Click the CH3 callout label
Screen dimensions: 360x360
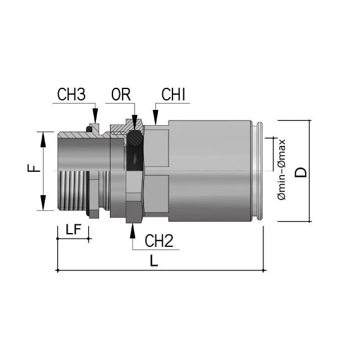point(71,94)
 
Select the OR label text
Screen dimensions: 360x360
point(121,94)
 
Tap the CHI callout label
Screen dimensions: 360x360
point(173,94)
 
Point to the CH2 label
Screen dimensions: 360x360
point(159,241)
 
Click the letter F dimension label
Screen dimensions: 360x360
point(33,168)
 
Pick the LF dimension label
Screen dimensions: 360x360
point(73,229)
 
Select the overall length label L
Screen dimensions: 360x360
point(154,261)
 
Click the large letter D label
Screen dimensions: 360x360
point(301,172)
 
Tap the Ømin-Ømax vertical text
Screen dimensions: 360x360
point(282,169)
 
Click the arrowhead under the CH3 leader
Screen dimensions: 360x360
point(95,116)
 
